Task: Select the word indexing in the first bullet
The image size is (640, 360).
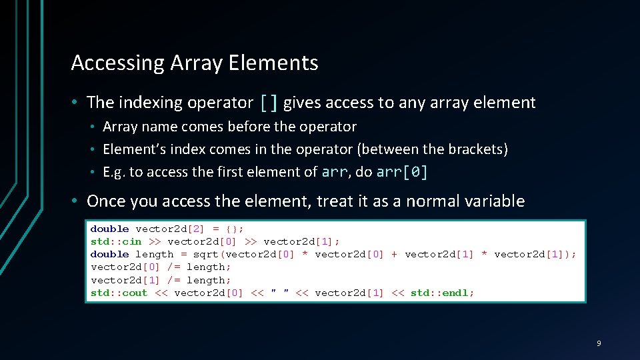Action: pos(151,103)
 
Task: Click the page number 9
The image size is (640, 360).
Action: pos(598,343)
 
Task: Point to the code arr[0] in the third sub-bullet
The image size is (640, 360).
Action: pos(402,172)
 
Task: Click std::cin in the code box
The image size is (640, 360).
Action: pos(116,241)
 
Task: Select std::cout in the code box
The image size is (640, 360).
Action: pos(119,293)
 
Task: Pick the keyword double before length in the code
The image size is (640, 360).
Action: pos(109,254)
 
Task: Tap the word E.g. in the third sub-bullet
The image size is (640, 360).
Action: pos(114,172)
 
